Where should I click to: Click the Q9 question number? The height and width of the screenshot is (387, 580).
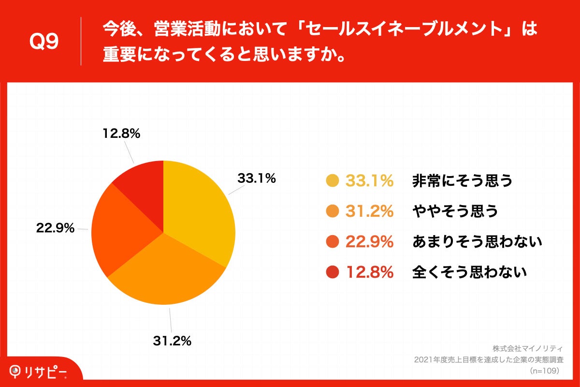click(44, 43)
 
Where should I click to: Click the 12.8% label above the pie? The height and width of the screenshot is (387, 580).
click(121, 134)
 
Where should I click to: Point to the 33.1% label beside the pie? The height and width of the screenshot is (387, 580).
click(256, 179)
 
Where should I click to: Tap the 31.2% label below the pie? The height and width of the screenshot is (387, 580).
click(172, 341)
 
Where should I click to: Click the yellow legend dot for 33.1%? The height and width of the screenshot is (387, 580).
click(332, 181)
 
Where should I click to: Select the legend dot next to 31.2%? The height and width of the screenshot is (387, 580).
click(332, 211)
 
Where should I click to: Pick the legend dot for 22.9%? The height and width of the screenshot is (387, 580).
click(332, 242)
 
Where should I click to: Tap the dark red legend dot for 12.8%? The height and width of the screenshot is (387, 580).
click(332, 273)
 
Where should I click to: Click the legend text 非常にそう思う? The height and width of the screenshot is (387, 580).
click(462, 181)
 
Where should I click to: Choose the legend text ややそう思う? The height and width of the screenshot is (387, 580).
click(454, 211)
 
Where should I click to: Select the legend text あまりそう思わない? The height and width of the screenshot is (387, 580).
click(477, 242)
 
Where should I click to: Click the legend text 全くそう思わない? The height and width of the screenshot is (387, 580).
click(469, 273)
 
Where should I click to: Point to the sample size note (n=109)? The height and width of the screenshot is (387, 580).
click(544, 371)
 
